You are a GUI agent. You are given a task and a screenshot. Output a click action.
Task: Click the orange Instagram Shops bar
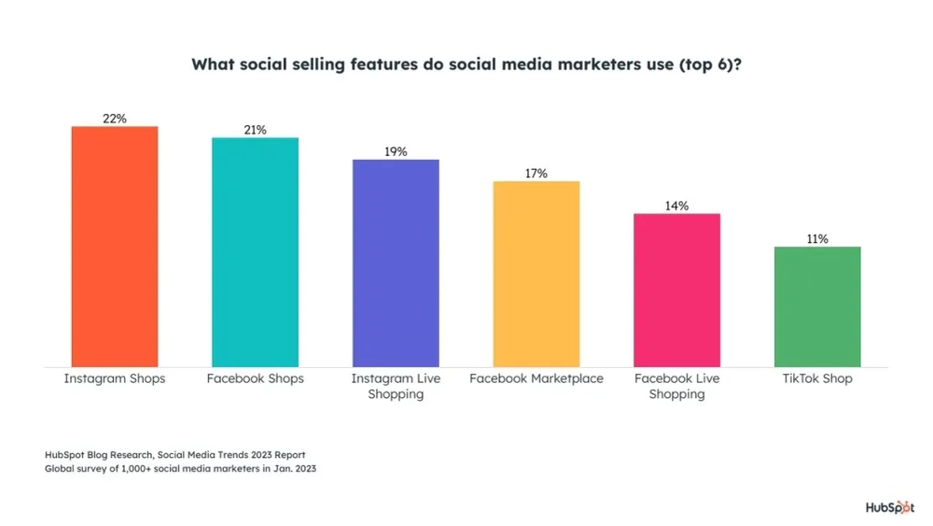click(x=115, y=247)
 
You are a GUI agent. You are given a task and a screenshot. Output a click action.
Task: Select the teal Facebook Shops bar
click(x=255, y=252)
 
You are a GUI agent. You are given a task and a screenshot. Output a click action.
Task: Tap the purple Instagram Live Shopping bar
click(x=396, y=263)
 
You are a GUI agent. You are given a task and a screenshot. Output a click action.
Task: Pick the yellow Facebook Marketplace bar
click(x=536, y=274)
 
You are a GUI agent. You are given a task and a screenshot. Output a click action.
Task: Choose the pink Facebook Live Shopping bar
click(x=676, y=291)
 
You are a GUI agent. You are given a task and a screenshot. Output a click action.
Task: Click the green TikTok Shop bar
click(x=817, y=306)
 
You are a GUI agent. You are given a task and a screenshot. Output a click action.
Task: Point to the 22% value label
click(x=115, y=119)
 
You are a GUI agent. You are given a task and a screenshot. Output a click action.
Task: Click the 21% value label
click(x=255, y=130)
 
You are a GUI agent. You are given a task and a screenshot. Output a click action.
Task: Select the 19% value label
click(x=396, y=151)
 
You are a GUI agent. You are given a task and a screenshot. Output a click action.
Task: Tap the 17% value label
click(x=536, y=174)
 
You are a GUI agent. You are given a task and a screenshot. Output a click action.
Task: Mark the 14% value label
click(x=676, y=206)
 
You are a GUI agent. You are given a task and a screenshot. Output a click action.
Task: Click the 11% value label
click(x=817, y=239)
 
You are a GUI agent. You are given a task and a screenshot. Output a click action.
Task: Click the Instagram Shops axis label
click(x=115, y=379)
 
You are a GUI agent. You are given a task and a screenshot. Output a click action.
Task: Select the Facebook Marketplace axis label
click(x=536, y=379)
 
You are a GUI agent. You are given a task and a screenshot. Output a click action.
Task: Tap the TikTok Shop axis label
click(x=817, y=379)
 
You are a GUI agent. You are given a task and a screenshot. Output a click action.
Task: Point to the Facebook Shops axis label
click(x=255, y=379)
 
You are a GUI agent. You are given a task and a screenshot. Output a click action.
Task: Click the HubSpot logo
click(x=889, y=507)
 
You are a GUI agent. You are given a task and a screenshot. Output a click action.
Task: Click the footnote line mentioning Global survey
click(x=180, y=469)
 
